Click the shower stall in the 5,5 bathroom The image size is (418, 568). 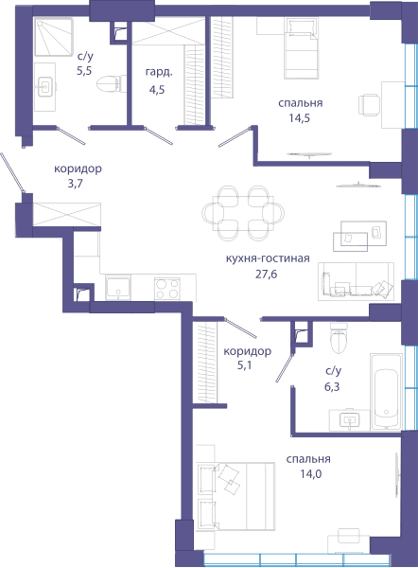[54, 37]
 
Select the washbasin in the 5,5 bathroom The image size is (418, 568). [45, 86]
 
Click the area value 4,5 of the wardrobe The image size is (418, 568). [157, 89]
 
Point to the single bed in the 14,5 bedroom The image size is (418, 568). [301, 48]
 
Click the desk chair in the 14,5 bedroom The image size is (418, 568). [369, 105]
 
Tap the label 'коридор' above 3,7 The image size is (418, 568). [78, 169]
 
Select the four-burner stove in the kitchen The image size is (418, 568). [166, 289]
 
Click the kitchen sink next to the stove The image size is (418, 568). [118, 289]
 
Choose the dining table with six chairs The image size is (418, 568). [243, 213]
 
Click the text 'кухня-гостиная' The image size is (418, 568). [268, 258]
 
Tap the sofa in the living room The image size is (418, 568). [357, 281]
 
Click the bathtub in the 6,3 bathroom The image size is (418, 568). [386, 392]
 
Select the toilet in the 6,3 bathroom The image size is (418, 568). [340, 338]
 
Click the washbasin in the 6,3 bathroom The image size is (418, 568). [350, 420]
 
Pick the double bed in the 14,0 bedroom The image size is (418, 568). [235, 496]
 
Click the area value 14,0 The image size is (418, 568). [310, 474]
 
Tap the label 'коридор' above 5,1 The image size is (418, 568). [247, 351]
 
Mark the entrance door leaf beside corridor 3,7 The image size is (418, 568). [12, 172]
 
